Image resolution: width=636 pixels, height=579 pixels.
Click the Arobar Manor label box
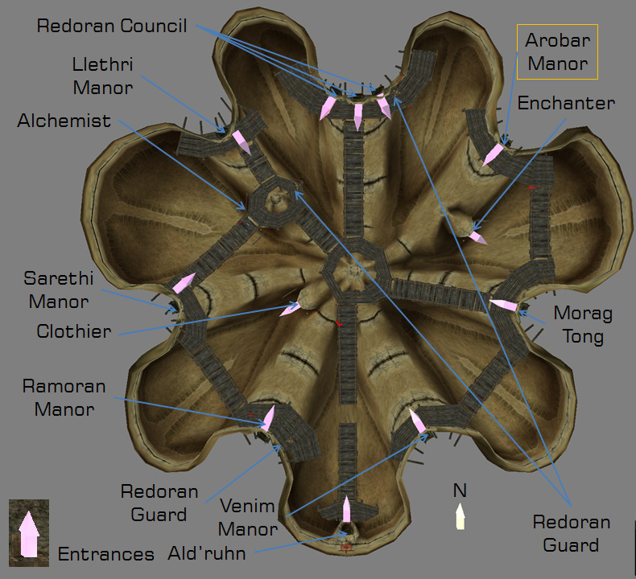tap(557, 51)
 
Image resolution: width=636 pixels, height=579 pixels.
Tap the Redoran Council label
tap(112, 27)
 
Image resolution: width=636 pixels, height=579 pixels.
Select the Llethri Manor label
tap(102, 76)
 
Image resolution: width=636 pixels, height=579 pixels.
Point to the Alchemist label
tap(64, 121)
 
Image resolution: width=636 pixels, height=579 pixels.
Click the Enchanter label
tap(566, 104)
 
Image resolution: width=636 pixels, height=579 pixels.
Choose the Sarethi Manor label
tap(56, 290)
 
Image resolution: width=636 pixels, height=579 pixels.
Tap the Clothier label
tap(74, 331)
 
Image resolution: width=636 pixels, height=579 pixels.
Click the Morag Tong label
tap(583, 325)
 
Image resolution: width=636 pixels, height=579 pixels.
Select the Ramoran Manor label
tap(64, 397)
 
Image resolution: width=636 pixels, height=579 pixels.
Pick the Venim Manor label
tap(247, 518)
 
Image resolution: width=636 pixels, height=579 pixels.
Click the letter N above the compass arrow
tap(460, 491)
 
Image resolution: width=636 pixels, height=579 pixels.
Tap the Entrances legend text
tap(105, 554)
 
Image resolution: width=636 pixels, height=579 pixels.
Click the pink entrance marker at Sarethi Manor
tap(184, 283)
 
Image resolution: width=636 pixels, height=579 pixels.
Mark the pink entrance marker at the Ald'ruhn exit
tap(346, 508)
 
